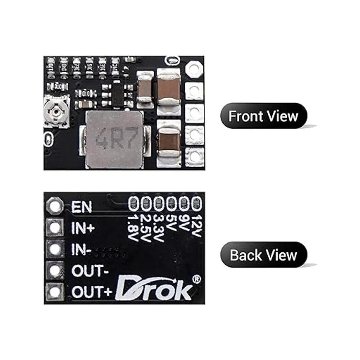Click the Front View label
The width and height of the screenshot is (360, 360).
click(263, 116)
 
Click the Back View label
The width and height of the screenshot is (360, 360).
click(263, 255)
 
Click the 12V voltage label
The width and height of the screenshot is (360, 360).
click(196, 224)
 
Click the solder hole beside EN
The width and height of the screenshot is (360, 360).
click(55, 206)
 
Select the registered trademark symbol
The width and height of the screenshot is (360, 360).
click(196, 279)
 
